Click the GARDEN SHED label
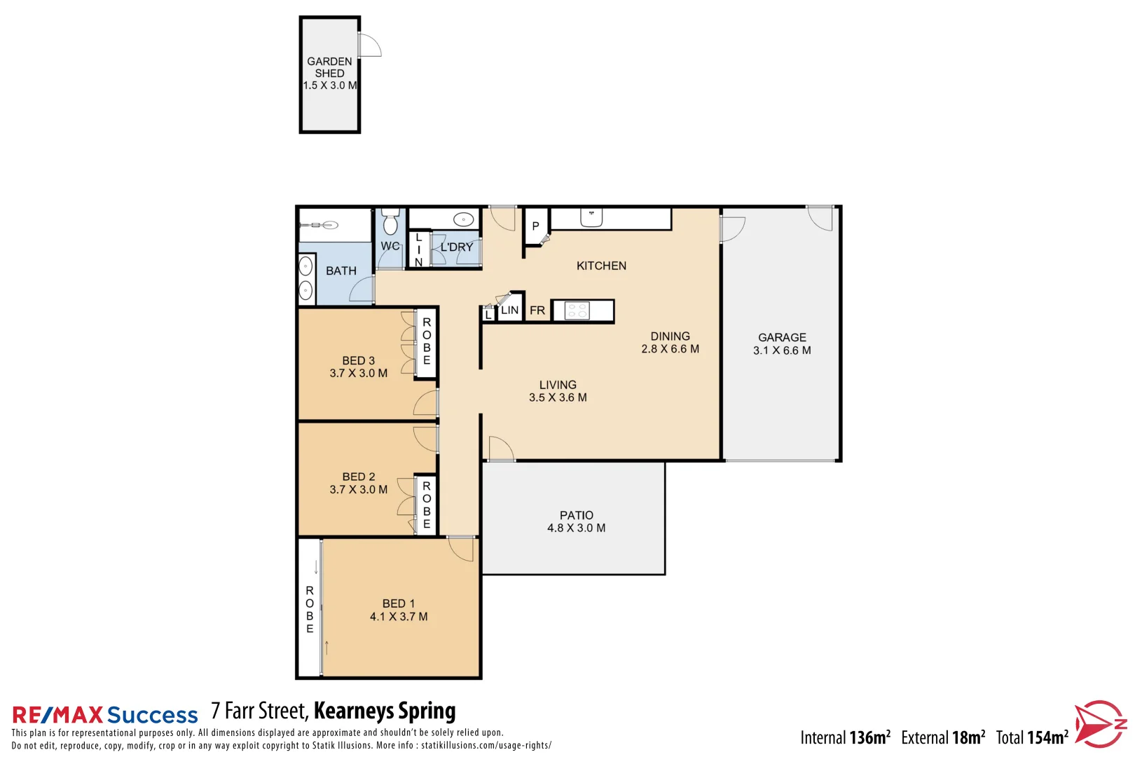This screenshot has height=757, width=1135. click(329, 67)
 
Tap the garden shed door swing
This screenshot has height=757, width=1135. click(369, 46)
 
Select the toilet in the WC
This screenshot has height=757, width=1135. click(390, 222)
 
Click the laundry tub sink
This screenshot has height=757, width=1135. click(463, 219)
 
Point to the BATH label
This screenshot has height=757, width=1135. click(341, 271)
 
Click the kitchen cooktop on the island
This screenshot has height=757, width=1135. click(577, 311)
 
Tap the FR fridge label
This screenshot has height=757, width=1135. click(537, 311)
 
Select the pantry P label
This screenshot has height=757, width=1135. click(536, 226)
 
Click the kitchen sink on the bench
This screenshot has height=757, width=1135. click(591, 218)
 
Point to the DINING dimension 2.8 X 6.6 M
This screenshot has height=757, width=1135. click(670, 349)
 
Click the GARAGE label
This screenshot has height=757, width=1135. click(782, 337)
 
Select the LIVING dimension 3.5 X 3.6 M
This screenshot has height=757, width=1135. click(558, 397)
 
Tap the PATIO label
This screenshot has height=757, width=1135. click(577, 515)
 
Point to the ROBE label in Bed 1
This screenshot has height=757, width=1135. click(310, 610)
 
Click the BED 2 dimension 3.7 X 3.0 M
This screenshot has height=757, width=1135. click(359, 489)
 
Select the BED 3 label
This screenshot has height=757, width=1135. click(359, 360)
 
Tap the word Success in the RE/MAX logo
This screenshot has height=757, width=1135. click(153, 715)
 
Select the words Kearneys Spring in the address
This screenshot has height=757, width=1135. click(385, 711)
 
